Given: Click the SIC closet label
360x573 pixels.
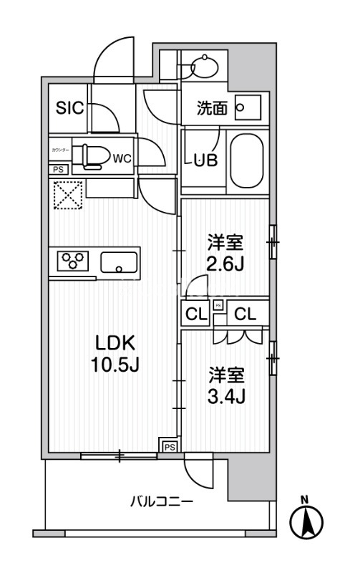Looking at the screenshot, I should pyautogui.click(x=70, y=108).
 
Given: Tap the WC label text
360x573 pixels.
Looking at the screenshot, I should pyautogui.click(x=121, y=158).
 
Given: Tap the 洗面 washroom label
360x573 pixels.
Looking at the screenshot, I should pyautogui.click(x=213, y=109).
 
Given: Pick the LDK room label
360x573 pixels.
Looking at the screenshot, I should pyautogui.click(x=112, y=342).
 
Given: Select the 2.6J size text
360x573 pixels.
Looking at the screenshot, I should pyautogui.click(x=226, y=263).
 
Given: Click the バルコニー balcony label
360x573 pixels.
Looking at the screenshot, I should pyautogui.click(x=161, y=502).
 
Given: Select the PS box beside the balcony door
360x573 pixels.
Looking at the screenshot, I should pyautogui.click(x=169, y=446).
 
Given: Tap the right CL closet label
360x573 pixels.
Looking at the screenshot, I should pyautogui.click(x=245, y=313).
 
